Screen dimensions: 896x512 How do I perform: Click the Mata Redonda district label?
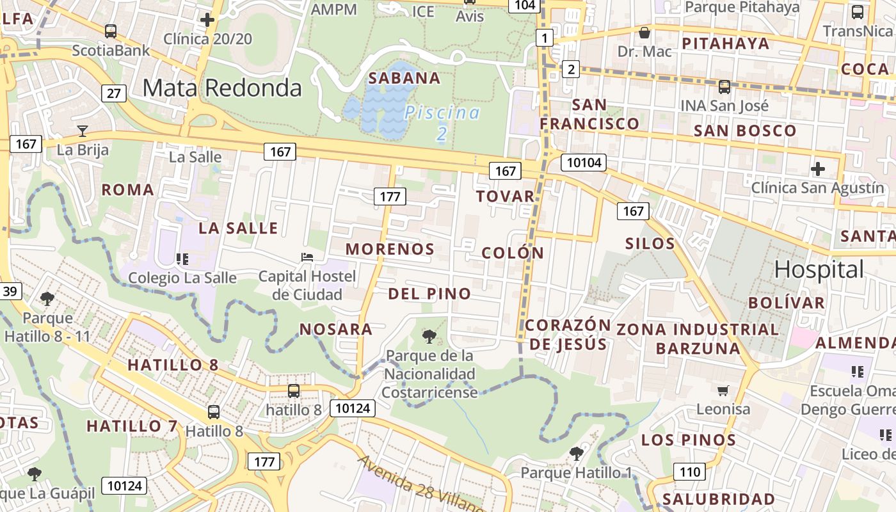click(x=221, y=88)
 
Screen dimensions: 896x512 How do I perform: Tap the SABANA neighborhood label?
click(x=404, y=78)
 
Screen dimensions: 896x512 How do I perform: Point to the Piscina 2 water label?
click(x=442, y=122)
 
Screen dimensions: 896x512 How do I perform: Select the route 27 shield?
click(x=113, y=93)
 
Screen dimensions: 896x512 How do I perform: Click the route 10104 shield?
click(x=584, y=163)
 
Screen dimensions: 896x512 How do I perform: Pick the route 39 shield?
click(x=10, y=292)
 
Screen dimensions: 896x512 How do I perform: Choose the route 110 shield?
click(x=689, y=472)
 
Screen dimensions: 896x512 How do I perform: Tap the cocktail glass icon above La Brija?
click(x=83, y=131)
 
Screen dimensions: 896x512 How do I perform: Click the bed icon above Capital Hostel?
click(x=307, y=257)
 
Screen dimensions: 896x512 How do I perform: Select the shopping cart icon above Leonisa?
click(x=723, y=390)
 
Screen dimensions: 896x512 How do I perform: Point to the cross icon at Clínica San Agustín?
click(x=818, y=169)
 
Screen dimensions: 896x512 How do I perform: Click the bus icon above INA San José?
click(x=724, y=86)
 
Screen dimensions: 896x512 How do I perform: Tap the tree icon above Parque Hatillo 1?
click(x=576, y=454)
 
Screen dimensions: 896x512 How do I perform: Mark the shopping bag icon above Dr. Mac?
click(x=644, y=32)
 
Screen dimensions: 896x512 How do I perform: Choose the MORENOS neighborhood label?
click(x=390, y=249)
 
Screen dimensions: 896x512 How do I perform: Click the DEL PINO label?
click(x=429, y=294)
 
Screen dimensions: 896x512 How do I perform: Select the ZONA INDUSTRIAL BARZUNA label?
click(x=698, y=339)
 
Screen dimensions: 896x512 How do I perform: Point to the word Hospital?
click(x=819, y=269)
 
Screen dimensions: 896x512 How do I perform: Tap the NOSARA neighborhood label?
click(x=336, y=329)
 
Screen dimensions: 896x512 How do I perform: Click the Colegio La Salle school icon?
click(x=182, y=259)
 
